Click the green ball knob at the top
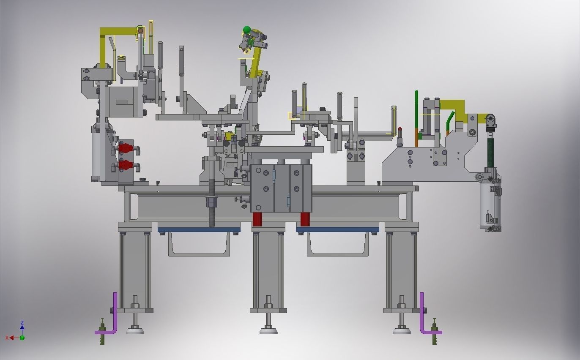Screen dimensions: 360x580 247,30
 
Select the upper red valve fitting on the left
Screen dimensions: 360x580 125,148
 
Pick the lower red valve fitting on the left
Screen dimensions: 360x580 125,165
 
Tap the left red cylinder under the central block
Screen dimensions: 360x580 257,219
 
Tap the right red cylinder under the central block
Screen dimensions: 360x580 305,219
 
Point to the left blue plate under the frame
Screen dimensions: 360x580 199,230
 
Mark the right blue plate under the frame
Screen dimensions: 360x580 337,230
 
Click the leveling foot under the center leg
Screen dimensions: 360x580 268,330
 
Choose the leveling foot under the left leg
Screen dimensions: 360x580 135,330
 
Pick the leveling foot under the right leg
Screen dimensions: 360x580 402,330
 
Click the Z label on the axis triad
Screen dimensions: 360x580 22,322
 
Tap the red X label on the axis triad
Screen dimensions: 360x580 7,338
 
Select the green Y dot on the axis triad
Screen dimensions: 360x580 22,338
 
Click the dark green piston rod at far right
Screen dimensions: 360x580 491,150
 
